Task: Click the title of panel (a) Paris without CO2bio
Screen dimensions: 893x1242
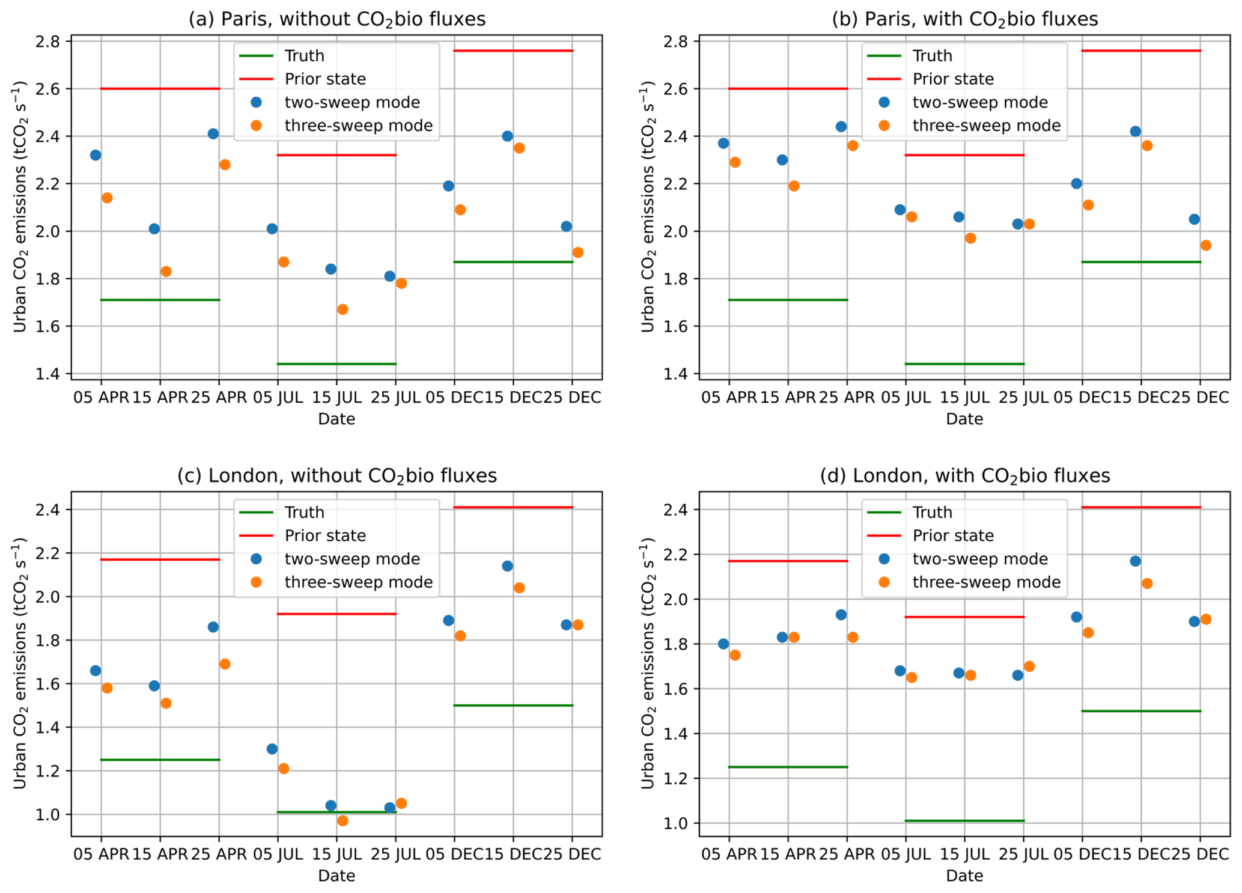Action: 336,19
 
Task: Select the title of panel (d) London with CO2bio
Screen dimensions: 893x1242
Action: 964,476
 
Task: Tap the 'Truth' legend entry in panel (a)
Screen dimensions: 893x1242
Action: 304,56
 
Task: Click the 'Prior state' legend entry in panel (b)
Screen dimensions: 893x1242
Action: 952,79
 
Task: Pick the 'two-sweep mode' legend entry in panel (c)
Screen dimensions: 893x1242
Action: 352,559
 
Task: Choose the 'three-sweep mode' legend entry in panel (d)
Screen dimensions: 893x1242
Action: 986,582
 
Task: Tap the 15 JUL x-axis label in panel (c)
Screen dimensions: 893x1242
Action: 336,854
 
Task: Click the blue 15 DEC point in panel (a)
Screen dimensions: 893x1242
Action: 507,136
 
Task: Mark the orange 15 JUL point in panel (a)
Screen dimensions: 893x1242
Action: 342,309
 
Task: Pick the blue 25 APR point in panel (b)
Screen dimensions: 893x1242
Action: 841,127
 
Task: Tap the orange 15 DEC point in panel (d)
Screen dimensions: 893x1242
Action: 1147,584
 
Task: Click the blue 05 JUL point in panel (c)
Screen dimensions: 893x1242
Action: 272,749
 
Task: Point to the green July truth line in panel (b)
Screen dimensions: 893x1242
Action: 964,364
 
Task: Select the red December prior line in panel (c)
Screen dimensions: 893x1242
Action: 513,507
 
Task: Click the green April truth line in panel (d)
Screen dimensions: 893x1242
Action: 788,767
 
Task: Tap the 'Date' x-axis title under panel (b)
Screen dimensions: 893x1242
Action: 964,419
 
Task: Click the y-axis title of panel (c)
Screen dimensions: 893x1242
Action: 20,663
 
